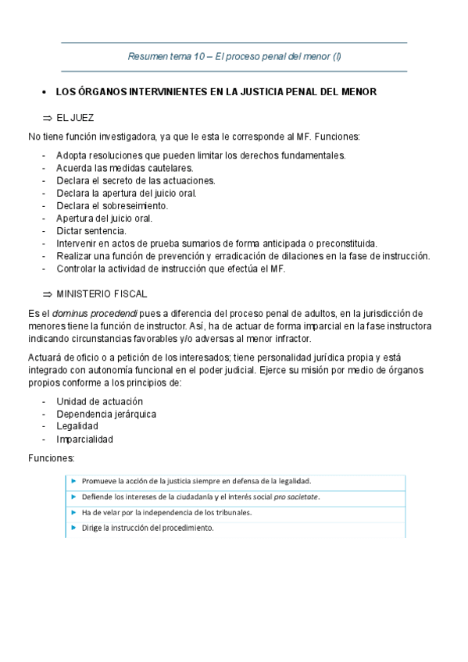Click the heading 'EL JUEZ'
(75, 117)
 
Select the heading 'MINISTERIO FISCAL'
(102, 294)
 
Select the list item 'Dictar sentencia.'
(91, 230)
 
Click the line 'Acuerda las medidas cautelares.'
(124, 167)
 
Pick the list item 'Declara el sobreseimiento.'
(112, 205)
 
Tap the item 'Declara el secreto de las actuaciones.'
(135, 180)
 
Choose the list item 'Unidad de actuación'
(99, 401)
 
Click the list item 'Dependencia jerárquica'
(105, 414)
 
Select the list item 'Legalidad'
(77, 426)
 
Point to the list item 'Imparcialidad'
(84, 439)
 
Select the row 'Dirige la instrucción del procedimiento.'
(148, 528)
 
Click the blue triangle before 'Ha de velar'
(72, 512)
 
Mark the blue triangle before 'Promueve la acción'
(72, 481)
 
